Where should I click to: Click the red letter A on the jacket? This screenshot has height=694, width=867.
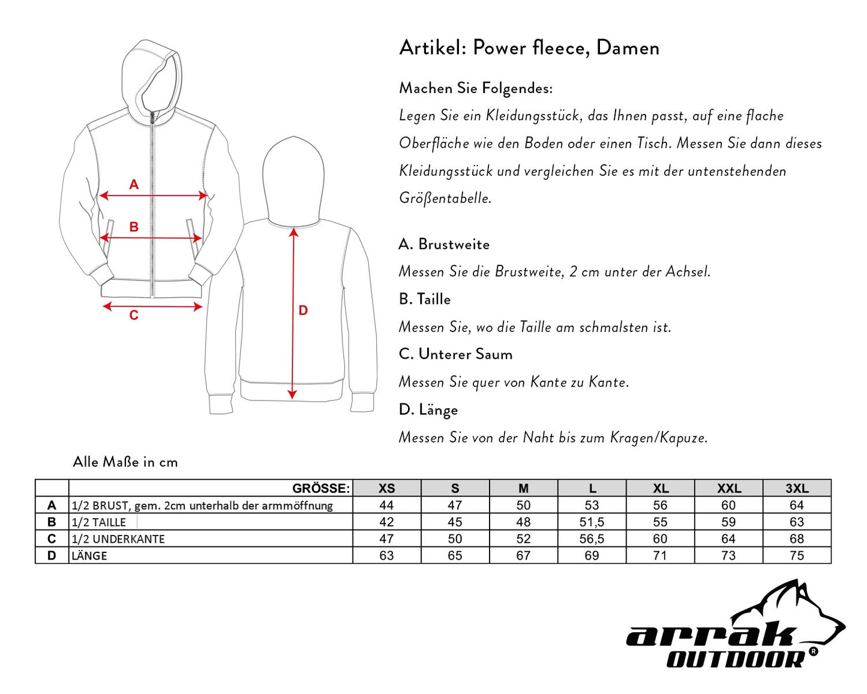(134, 184)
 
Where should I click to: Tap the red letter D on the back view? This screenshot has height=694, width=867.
(303, 310)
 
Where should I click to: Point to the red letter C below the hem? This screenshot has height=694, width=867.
(134, 316)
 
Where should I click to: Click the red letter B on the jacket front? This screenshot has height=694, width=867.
(134, 227)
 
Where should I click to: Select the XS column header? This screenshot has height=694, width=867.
(387, 488)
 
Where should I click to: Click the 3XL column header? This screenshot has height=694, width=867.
(797, 488)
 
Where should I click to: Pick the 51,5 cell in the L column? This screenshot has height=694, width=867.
(592, 522)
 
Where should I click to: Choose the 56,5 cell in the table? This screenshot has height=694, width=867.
(592, 539)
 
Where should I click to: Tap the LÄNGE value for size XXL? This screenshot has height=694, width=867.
(728, 555)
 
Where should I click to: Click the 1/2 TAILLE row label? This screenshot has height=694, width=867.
(99, 522)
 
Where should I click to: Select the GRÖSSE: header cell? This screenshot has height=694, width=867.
(320, 488)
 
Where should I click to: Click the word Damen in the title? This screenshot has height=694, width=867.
(628, 47)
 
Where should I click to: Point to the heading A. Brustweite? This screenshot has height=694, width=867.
(444, 244)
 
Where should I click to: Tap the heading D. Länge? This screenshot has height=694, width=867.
(428, 409)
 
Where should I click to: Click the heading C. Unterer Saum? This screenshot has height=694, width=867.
(456, 354)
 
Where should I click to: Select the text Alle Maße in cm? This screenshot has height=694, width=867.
(125, 462)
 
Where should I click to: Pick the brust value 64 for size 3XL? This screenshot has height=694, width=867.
(797, 505)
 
